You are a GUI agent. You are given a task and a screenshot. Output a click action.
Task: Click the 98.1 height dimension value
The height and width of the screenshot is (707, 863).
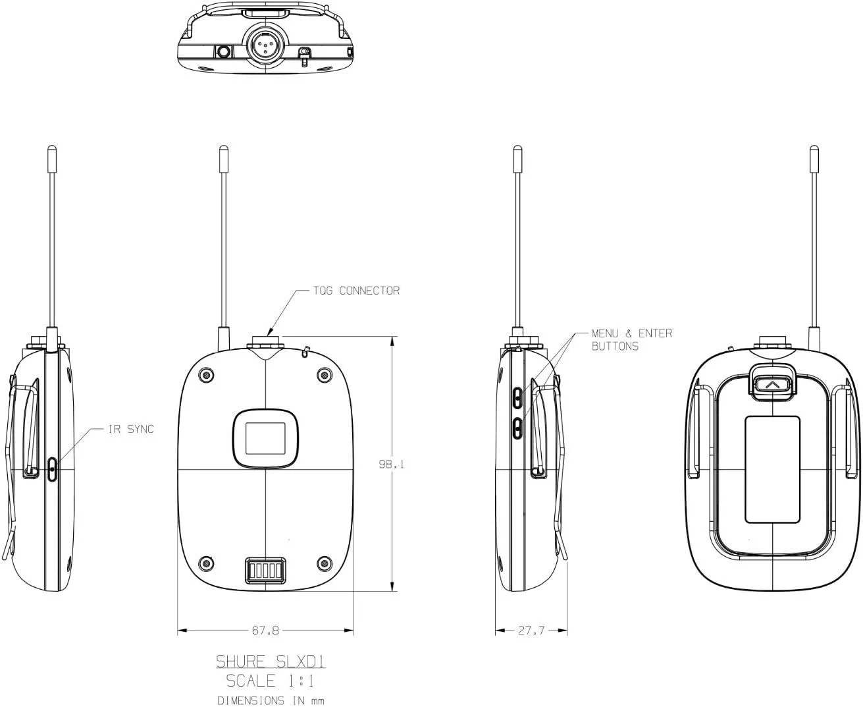pos(391,464)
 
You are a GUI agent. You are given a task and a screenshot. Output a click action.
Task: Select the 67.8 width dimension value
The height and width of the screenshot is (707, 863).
pos(265,631)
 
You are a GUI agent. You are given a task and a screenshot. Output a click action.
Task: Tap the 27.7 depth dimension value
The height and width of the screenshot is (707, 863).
pos(531,631)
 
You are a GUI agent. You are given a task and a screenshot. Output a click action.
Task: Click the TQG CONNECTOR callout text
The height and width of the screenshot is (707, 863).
pos(356,291)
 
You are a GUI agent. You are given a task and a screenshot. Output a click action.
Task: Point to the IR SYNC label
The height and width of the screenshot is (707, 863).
pos(131,429)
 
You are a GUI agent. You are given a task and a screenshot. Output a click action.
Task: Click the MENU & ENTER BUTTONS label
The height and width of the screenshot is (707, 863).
pos(631,339)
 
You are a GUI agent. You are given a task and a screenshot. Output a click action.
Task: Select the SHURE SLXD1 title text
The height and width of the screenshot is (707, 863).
pos(271,661)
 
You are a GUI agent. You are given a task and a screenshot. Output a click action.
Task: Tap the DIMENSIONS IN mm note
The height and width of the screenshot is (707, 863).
pos(271,700)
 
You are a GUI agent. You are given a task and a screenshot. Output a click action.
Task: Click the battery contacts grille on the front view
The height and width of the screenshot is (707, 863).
pos(265,570)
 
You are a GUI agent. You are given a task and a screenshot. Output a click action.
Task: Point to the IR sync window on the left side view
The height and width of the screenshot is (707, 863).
pos(53,468)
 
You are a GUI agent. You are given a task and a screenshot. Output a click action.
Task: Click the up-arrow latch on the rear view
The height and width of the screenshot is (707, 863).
pos(772,383)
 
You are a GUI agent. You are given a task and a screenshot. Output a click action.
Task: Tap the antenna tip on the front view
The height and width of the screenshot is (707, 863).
pos(223,154)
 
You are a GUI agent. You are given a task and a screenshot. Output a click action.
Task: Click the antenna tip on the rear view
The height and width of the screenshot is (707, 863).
pos(814,154)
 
